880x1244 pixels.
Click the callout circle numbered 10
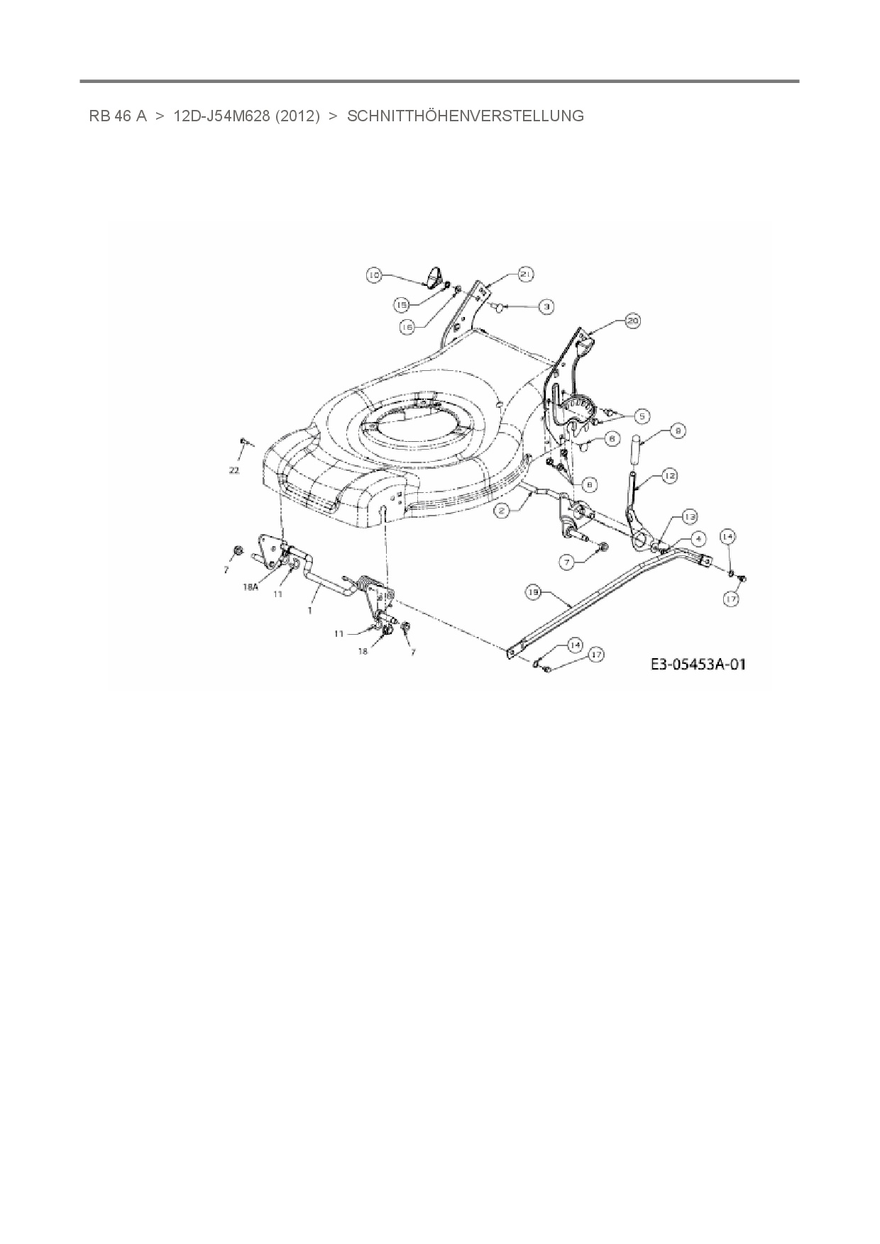coord(375,274)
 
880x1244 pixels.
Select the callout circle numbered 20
coord(632,321)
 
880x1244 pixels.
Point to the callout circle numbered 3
coord(546,306)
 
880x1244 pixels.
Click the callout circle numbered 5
coord(642,416)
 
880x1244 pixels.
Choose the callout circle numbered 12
coord(669,477)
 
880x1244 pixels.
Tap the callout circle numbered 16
coord(407,327)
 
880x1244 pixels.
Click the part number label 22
coord(235,470)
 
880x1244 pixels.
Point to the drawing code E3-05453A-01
coord(698,665)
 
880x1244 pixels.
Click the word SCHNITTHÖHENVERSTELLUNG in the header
coord(466,116)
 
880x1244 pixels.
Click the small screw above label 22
coord(243,442)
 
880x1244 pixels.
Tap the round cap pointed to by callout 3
coord(500,306)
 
